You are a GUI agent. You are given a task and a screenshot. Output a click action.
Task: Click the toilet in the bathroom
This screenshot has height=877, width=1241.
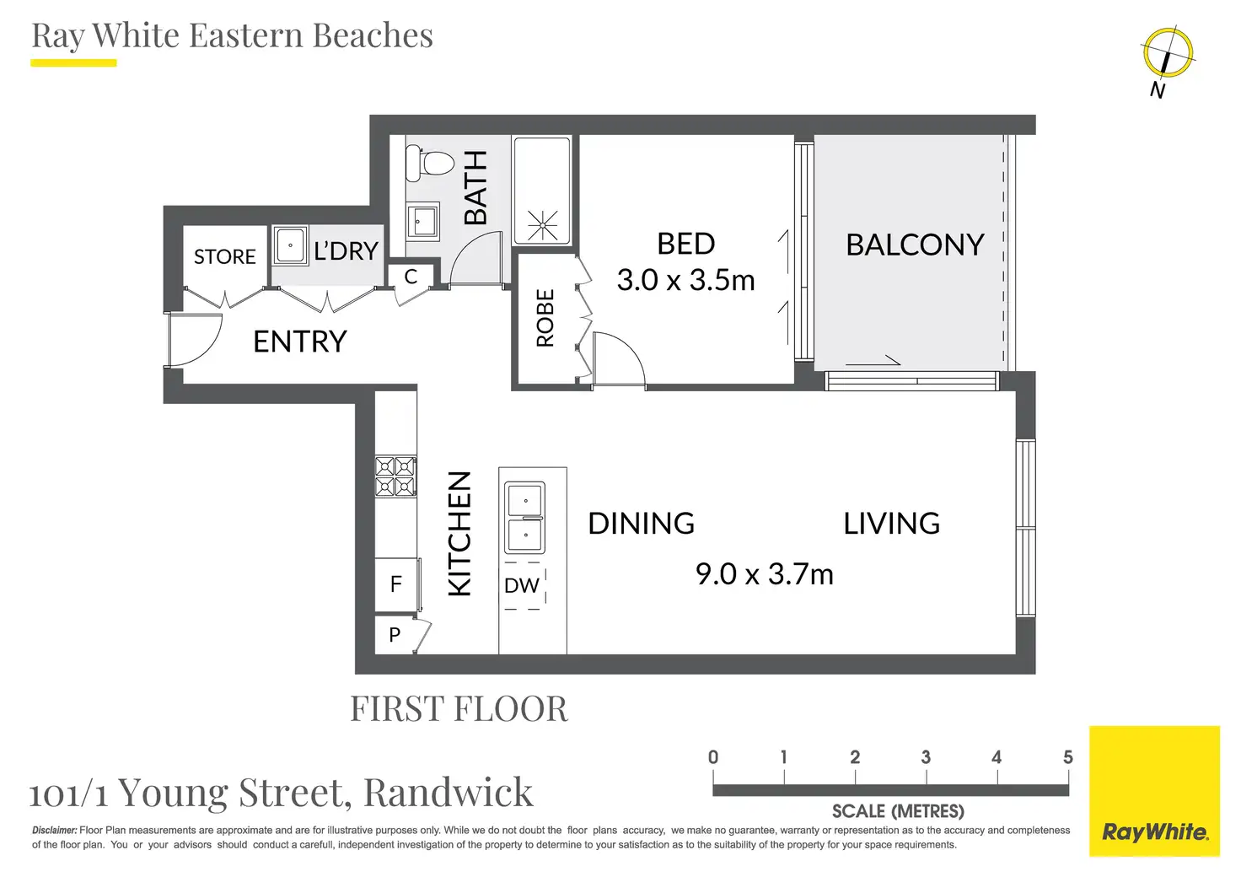point(429,164)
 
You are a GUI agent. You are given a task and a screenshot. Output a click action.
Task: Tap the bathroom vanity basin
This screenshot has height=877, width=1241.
point(422,222)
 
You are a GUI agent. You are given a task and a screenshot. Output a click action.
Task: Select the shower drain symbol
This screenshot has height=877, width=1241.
point(542,225)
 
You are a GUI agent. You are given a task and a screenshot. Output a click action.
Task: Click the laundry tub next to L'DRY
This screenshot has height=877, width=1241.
point(290,245)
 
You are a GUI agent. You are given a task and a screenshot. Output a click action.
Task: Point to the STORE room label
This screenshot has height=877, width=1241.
point(225,256)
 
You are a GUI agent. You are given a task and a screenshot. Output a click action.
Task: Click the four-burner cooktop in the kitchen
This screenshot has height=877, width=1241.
point(395,476)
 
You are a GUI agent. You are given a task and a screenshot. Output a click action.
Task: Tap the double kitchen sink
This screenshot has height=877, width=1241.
point(524,518)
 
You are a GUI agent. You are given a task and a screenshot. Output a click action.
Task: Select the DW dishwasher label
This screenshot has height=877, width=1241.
point(521,585)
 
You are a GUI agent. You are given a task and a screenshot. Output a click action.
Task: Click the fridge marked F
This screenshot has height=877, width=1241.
point(396,584)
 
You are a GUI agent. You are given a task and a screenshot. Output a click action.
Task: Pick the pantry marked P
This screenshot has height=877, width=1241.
point(395,634)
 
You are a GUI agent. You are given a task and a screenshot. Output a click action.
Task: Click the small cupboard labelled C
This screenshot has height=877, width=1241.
point(411,277)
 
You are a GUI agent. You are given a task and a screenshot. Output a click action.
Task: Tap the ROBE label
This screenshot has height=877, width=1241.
point(545,318)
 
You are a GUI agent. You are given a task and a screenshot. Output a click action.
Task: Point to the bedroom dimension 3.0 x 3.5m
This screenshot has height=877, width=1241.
point(686,280)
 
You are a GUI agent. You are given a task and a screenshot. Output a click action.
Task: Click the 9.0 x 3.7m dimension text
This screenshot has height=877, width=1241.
point(765,574)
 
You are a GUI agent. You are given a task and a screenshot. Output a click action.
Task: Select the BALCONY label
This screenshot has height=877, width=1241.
point(916,245)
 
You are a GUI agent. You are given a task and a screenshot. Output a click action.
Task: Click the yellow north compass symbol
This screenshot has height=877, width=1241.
point(1168,53)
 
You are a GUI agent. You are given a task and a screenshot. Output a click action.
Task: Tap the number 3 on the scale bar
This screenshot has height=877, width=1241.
point(926,757)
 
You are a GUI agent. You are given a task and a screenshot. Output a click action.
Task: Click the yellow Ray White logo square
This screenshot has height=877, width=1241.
point(1154,791)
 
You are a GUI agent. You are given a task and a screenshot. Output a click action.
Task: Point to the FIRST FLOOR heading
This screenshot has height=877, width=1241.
point(459,708)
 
